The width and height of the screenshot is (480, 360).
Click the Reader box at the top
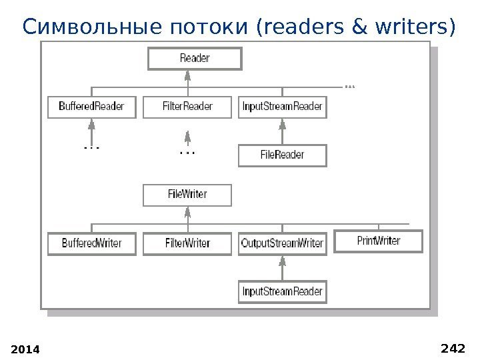tap(194, 59)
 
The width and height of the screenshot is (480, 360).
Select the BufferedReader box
tap(91, 107)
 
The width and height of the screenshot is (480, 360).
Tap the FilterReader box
tap(187, 107)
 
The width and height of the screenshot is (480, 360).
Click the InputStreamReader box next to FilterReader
tap(282, 107)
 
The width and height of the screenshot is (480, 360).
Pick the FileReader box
tap(282, 155)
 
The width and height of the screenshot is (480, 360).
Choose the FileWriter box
tap(187, 195)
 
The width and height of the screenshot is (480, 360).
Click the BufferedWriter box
tap(91, 243)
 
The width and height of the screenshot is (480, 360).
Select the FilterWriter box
tap(187, 243)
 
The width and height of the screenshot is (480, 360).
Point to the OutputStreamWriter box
tap(282, 243)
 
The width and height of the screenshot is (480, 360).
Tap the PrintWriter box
tap(378, 241)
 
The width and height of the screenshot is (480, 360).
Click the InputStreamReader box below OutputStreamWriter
tap(282, 291)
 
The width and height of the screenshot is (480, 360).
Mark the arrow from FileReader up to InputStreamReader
tap(283, 131)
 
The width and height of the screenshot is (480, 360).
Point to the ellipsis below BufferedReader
tap(91, 146)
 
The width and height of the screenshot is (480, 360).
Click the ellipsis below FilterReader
tap(188, 153)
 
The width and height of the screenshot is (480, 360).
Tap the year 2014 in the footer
tap(26, 349)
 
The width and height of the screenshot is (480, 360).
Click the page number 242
tap(453, 347)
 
